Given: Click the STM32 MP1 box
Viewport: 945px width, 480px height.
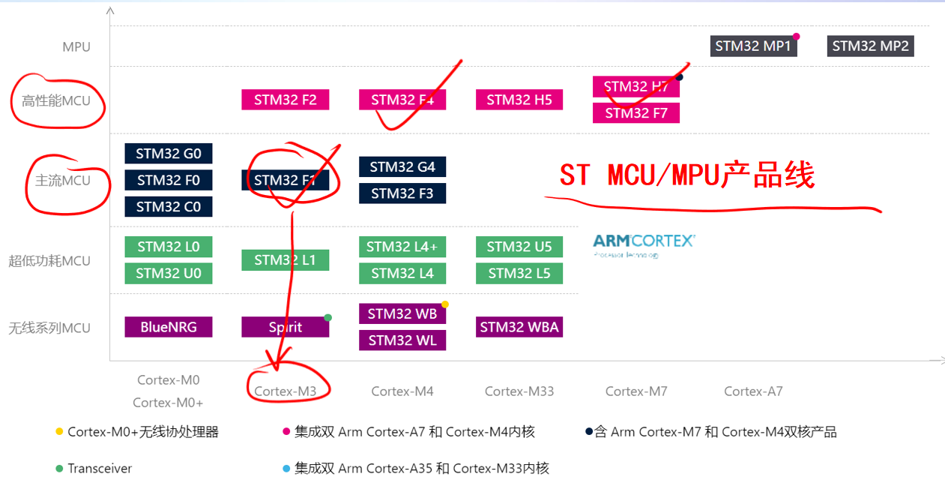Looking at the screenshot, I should click(x=753, y=46).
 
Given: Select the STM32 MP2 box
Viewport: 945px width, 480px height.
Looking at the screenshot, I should click(x=870, y=46).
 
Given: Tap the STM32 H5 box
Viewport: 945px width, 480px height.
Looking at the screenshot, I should click(x=519, y=100).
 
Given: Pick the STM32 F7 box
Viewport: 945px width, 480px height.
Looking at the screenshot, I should click(x=636, y=113).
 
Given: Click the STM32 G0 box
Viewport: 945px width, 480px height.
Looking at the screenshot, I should click(x=169, y=154).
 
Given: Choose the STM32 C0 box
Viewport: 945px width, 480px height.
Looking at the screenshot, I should click(x=169, y=206).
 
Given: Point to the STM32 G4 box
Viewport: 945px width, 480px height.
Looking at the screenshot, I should click(x=402, y=166).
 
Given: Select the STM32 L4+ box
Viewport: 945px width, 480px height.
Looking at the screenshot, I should click(x=402, y=247).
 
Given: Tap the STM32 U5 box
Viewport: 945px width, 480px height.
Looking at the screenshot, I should click(x=519, y=247).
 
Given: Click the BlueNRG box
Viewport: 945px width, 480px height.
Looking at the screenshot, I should click(x=169, y=327).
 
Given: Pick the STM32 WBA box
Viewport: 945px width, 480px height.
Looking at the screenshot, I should click(x=519, y=327).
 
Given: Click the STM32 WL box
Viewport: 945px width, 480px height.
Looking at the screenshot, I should click(x=402, y=340).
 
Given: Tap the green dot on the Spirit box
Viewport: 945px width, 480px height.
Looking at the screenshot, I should click(x=327, y=317).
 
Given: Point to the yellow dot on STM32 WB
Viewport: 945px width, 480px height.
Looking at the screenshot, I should click(x=445, y=304).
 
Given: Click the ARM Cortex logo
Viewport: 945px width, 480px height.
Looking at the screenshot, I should click(x=644, y=244).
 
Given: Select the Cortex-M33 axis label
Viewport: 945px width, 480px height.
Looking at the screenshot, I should click(x=519, y=391).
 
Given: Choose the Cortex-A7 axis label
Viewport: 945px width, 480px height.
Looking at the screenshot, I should click(x=753, y=391).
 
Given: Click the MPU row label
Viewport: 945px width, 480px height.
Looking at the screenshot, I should click(x=76, y=46).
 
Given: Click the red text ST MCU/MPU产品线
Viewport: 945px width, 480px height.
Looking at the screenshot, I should click(x=687, y=175).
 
